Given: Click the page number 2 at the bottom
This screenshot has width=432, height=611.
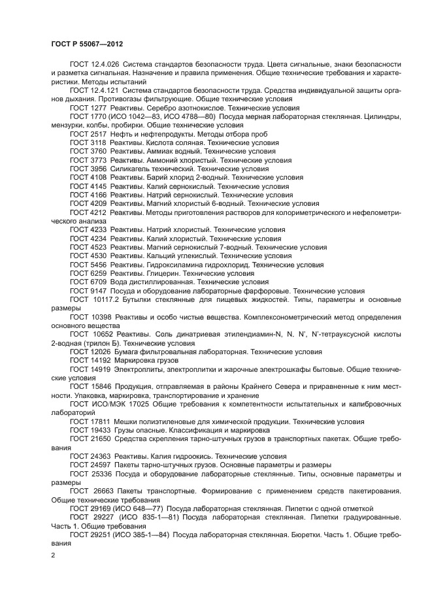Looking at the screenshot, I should (53, 555).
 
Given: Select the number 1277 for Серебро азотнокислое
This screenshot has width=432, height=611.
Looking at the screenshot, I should (98, 107).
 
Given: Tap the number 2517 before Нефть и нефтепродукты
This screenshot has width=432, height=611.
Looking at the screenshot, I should (98, 133).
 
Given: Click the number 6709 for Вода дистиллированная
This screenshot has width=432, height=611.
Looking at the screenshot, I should (98, 282).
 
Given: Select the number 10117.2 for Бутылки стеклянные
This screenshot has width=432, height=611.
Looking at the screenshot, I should (105, 299).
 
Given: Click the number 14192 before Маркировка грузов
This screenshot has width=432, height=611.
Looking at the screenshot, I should (100, 361).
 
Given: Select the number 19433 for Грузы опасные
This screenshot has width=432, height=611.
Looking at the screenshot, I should (100, 431).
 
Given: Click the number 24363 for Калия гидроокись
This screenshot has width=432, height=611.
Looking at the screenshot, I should (100, 457).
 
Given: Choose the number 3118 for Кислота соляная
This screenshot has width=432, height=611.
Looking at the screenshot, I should (98, 142).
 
